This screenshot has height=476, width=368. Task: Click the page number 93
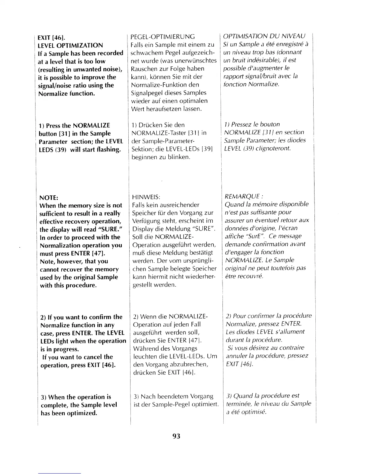click(x=176, y=436)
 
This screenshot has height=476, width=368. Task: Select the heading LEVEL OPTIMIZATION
click(x=70, y=45)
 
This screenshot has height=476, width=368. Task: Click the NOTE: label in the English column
click(x=49, y=198)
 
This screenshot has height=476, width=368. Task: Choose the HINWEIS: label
click(x=146, y=197)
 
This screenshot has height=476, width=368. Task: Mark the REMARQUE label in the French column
click(x=242, y=197)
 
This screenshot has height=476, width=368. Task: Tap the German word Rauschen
click(x=143, y=69)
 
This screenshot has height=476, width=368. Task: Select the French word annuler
click(x=236, y=356)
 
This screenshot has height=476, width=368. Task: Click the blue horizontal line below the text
click(x=60, y=473)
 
